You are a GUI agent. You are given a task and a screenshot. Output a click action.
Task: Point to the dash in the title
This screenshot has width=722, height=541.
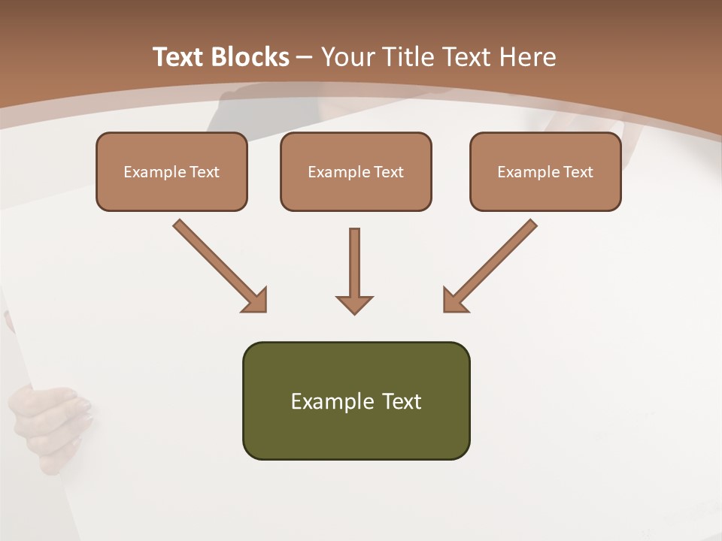coord(305,57)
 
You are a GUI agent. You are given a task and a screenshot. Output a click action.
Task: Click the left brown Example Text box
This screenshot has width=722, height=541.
coord(171,172)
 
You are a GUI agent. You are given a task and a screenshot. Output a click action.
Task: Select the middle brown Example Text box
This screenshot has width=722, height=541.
coord(356,172)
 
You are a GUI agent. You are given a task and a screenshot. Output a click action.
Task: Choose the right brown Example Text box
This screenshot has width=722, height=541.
coord(545,172)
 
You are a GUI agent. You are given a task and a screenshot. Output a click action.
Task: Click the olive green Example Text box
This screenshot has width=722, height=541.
coord(356,400)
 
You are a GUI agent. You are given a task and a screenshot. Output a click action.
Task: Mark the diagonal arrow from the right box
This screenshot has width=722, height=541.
coord(493,263)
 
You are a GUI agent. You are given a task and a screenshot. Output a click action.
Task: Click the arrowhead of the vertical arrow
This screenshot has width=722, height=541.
coord(354,304)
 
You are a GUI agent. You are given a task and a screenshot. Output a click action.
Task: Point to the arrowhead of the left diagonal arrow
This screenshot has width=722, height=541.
coord(256,301)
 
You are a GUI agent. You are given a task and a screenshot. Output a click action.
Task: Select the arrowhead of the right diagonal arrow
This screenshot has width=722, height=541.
coord(454,301)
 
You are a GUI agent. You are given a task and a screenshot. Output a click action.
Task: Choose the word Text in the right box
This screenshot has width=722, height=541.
coord(578,172)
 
